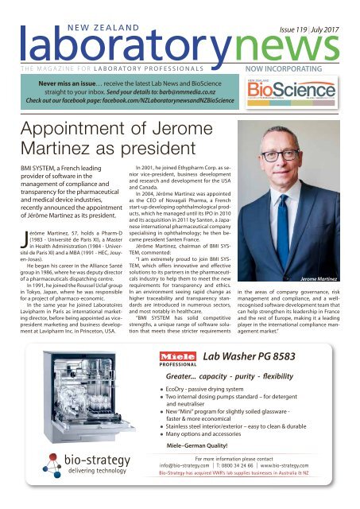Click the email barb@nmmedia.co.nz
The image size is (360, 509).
pos(199,80)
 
